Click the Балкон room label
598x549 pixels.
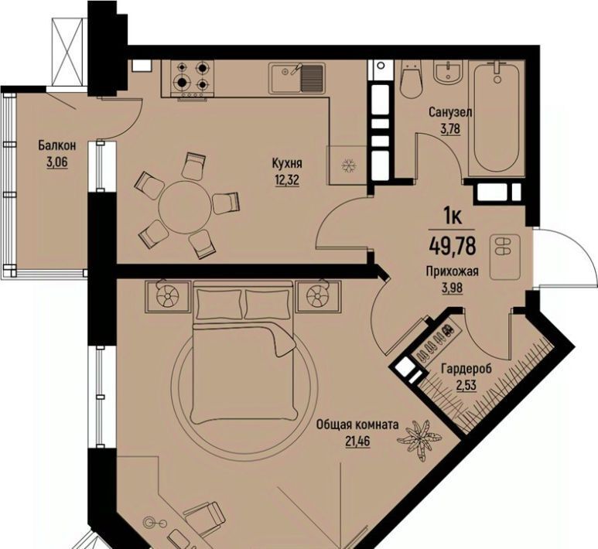coord(56,145)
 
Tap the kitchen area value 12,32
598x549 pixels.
coord(287,179)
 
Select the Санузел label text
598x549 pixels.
coord(450,112)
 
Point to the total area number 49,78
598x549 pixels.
coord(453,245)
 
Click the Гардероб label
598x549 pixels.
coord(466,369)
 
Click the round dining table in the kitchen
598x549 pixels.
coord(185,207)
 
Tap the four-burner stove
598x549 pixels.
coord(193,79)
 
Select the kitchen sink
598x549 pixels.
coord(297,78)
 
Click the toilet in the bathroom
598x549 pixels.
coord(411,80)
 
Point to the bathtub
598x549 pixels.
coord(497,118)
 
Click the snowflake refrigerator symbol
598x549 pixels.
coord(348,165)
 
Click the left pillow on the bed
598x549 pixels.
coord(219,303)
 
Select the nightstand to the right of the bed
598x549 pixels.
coord(319,296)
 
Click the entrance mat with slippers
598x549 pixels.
coord(505,257)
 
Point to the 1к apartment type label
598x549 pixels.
coord(453,217)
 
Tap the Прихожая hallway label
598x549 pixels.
coord(453,271)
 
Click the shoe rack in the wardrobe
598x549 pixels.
coord(434,341)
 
